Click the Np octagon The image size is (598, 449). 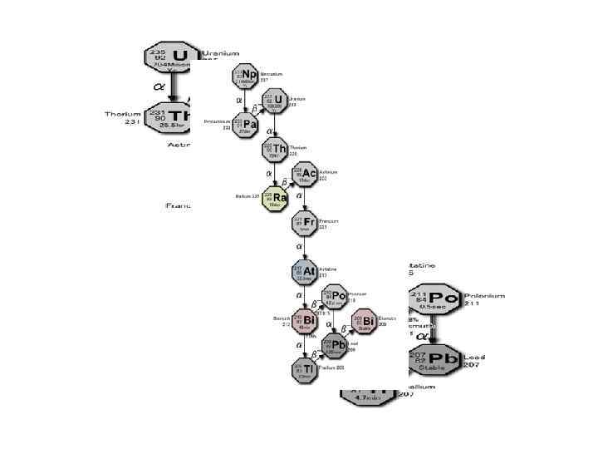[x=245, y=76]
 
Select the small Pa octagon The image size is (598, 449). [x=245, y=125]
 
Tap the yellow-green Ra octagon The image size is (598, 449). [x=275, y=198]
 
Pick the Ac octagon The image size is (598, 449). [x=304, y=174]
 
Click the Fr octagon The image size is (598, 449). [x=304, y=223]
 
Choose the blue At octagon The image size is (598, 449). [x=304, y=271]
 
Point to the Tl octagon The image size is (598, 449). [x=304, y=369]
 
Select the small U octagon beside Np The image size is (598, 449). [x=275, y=101]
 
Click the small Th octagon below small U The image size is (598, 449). [x=275, y=150]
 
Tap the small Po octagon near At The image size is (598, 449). [x=335, y=296]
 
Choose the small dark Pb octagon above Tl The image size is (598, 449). [x=335, y=345]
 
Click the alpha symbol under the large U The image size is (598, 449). [x=159, y=85]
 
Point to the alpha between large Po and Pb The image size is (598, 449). [x=421, y=336]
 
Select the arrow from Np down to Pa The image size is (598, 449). [x=246, y=101]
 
